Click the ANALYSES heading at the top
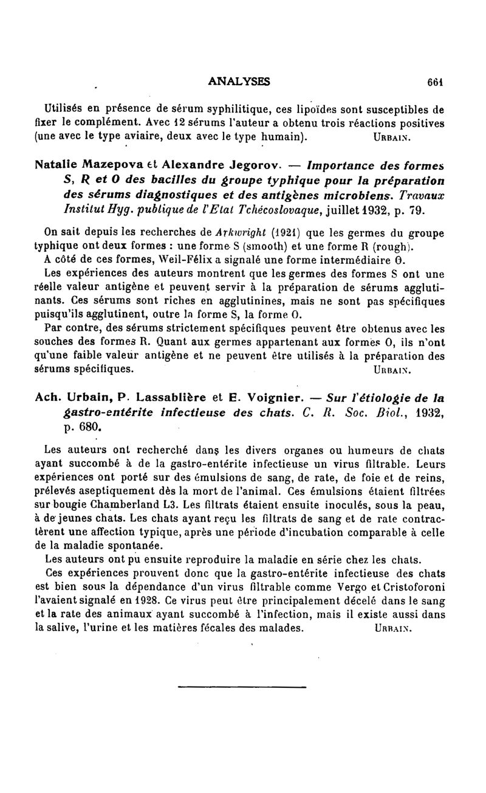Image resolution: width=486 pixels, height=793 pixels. pos(239,81)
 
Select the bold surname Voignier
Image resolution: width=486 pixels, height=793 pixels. pos(277,399)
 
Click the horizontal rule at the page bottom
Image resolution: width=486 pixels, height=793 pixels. pos(242,687)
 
